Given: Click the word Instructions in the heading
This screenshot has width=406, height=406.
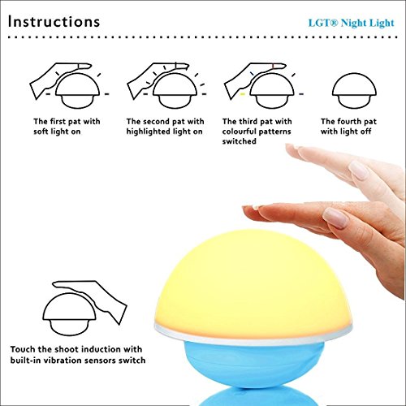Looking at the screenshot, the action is [54, 22].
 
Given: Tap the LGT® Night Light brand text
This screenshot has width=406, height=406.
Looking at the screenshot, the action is [352, 24].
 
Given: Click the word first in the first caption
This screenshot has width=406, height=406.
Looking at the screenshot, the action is [58, 121].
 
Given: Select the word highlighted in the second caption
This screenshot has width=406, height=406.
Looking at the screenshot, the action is [148, 132].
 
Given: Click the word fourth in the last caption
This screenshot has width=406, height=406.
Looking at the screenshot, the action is [349, 121].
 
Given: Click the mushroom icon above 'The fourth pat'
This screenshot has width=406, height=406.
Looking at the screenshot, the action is [354, 91].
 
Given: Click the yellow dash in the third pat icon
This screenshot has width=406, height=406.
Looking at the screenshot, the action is [243, 94].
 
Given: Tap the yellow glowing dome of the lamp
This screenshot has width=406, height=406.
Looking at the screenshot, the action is [253, 282].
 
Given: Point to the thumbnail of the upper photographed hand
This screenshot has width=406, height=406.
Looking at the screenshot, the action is [359, 170].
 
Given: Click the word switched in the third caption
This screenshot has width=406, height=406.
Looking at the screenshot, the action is [240, 141].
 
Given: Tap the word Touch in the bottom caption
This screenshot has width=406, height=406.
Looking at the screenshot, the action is [23, 349].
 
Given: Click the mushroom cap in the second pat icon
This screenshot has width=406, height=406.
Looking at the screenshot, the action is [175, 84].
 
